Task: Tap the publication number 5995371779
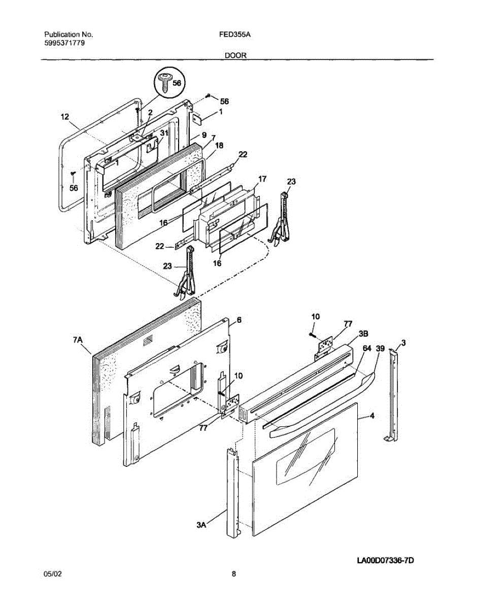[x=64, y=43]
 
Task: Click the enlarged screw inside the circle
[x=165, y=82]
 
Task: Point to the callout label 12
[x=64, y=117]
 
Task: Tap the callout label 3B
[x=364, y=334]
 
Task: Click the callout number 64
[x=367, y=348]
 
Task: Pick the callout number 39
[x=380, y=348]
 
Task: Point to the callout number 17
[x=262, y=179]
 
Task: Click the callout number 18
[x=219, y=145]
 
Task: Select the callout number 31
[x=163, y=133]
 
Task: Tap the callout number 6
[x=238, y=320]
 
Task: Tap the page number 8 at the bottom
[x=234, y=574]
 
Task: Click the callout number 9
[x=204, y=135]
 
